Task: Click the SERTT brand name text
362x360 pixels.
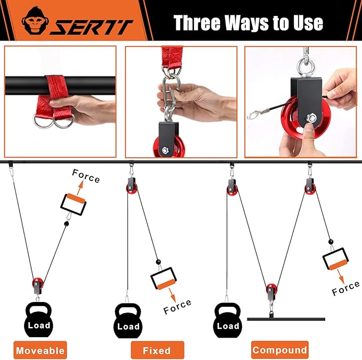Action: pos(92,28)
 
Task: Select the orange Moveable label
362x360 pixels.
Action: pos(40,350)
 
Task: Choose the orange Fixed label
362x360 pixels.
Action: pos(157,350)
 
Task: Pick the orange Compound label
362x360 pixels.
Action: pos(280,350)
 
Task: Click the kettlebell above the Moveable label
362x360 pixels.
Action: pos(38,319)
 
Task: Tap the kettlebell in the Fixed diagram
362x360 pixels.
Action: pos(128,321)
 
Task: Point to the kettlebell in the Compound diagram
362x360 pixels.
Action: pos(228,320)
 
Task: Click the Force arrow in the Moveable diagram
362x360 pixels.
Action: pos(80,188)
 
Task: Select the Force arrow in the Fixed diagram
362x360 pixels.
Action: pos(172,294)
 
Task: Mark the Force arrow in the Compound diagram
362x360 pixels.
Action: pos(341,276)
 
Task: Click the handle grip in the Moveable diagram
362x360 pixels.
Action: pos(74,204)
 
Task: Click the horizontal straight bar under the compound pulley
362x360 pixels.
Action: pos(286,319)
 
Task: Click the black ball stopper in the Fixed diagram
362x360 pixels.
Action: pos(158,262)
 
